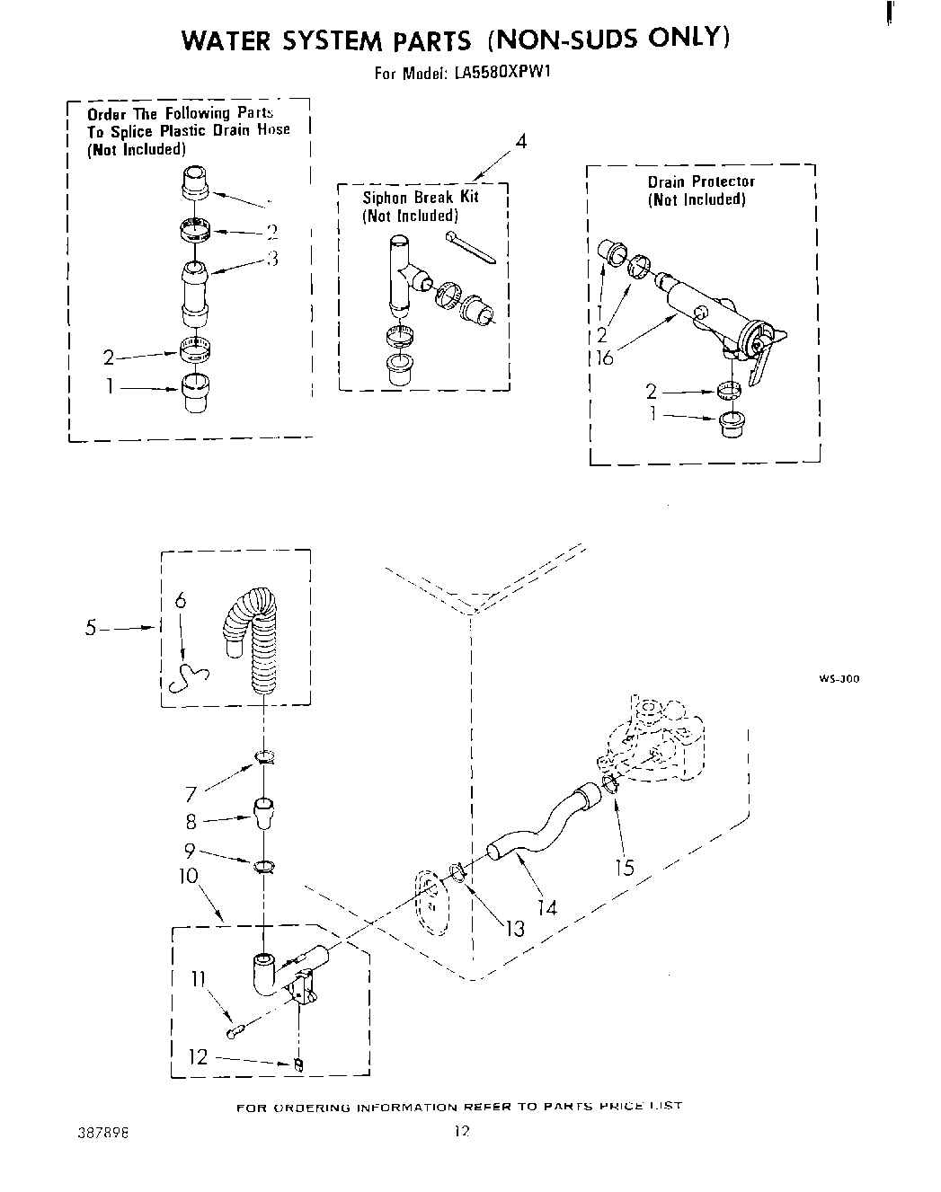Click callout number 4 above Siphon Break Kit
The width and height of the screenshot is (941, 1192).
click(x=519, y=142)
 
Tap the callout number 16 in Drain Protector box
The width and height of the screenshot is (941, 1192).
click(x=605, y=358)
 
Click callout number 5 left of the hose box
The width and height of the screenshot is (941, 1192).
click(x=91, y=628)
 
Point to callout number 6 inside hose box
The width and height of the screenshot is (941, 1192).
click(x=181, y=601)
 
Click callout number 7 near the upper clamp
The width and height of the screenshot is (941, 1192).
click(x=191, y=793)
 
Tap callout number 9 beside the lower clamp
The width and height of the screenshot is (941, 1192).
click(x=190, y=850)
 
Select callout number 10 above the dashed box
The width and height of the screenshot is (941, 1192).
click(x=189, y=875)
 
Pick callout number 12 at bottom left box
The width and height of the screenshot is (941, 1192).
click(x=198, y=1056)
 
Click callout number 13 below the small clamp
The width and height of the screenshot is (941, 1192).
click(x=514, y=927)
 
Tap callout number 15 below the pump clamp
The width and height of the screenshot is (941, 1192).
click(x=624, y=866)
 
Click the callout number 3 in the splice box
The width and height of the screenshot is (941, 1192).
click(x=272, y=259)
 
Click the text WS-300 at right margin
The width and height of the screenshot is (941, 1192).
click(x=838, y=679)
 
